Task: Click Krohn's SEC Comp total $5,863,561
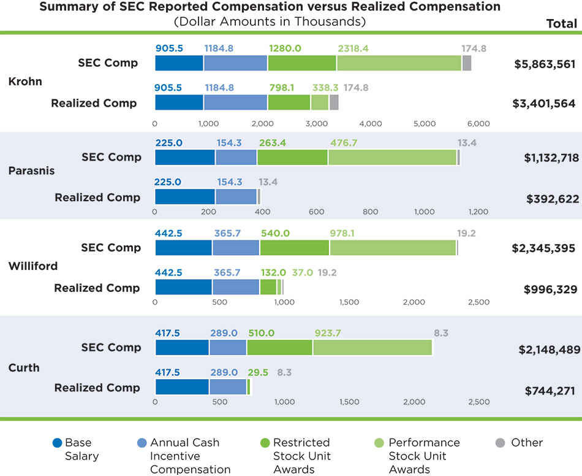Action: [x=545, y=63]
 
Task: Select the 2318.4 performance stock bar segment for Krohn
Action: [x=399, y=63]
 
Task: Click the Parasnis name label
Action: [x=31, y=171]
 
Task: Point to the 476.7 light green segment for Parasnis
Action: [x=392, y=157]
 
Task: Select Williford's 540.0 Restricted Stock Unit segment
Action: [x=295, y=248]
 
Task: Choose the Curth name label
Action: [x=24, y=367]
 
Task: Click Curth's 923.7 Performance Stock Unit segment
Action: [x=372, y=347]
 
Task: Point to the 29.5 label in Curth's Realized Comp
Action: [x=258, y=372]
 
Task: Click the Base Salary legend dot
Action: [x=58, y=443]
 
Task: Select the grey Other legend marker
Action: [x=499, y=443]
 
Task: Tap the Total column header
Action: [x=561, y=24]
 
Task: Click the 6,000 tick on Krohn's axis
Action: [x=478, y=123]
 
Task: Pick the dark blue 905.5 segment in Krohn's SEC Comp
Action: [x=179, y=63]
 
